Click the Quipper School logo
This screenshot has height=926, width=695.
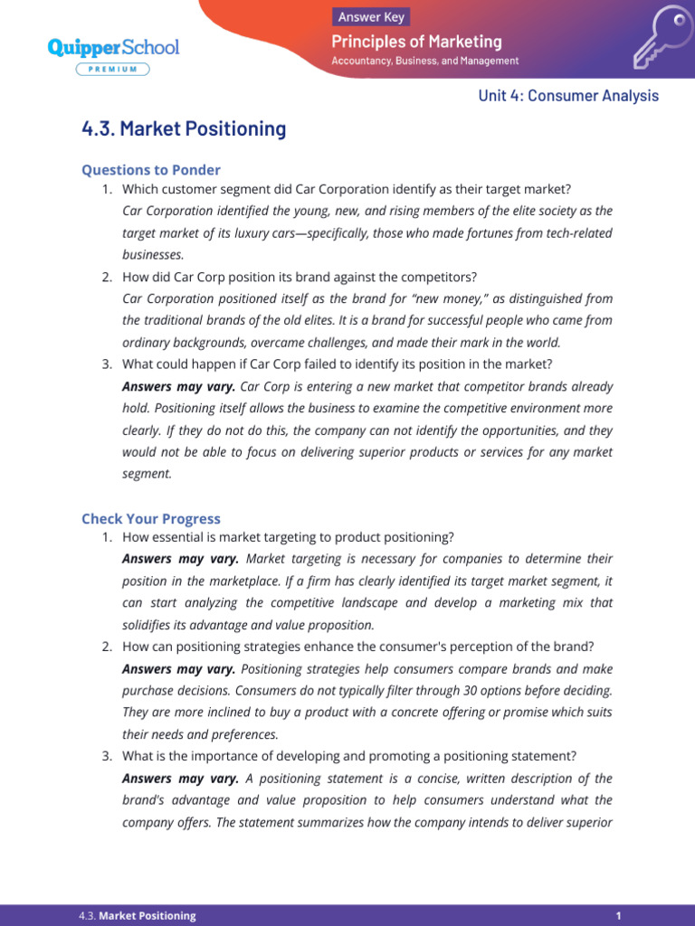tap(113, 47)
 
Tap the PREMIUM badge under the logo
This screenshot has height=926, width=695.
tap(113, 69)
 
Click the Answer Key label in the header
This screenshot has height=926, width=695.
tap(371, 16)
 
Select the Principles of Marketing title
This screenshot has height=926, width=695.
tap(416, 42)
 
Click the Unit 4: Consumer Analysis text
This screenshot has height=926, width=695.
tap(568, 96)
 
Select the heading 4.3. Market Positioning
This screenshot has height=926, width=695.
tap(184, 128)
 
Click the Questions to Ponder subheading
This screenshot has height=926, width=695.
tap(151, 170)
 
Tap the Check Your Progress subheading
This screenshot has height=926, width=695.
tap(151, 518)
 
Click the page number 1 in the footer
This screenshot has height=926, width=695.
tap(618, 915)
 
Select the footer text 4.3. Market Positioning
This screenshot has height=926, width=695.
tap(138, 915)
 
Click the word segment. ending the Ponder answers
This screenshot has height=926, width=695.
tap(147, 474)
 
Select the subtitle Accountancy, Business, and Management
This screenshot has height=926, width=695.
tap(425, 61)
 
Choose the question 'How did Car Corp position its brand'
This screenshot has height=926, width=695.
tap(299, 277)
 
